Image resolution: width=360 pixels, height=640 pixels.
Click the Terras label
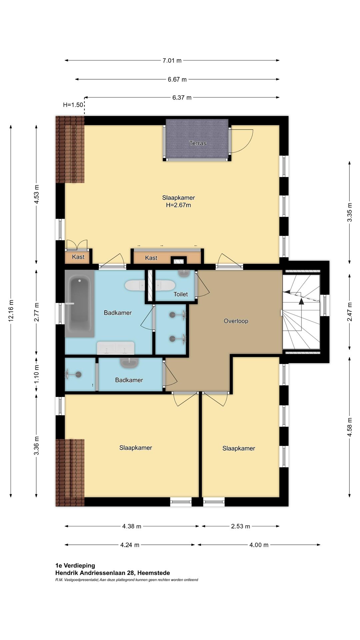[198, 143]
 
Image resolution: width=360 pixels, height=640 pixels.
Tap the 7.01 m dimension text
[172, 60]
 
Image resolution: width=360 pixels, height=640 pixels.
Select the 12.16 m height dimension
[11, 311]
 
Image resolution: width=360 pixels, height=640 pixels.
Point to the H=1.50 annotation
[73, 105]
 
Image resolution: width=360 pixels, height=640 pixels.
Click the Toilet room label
[181, 294]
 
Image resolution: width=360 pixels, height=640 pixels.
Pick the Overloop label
[236, 321]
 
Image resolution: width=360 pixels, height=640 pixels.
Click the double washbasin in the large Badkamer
[116, 348]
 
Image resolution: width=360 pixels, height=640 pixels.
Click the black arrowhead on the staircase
[301, 301]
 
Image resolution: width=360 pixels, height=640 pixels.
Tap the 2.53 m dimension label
[241, 526]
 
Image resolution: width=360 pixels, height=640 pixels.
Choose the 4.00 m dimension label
[259, 545]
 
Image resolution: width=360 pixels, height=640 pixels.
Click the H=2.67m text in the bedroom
[179, 205]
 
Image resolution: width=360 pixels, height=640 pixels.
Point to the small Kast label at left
[78, 257]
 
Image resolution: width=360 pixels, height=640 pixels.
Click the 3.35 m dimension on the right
[350, 212]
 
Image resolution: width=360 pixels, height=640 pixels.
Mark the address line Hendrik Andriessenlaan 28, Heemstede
[113, 573]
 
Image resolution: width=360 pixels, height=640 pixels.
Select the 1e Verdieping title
[75, 565]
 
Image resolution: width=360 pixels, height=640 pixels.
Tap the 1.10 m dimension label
[37, 374]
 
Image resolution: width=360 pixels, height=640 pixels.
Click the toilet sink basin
[184, 273]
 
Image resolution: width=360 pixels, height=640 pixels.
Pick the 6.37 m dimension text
[182, 98]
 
